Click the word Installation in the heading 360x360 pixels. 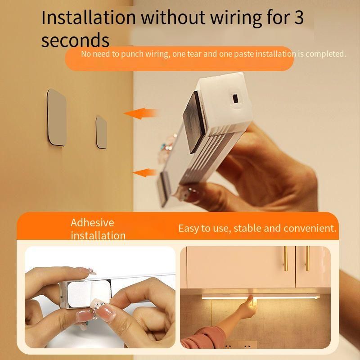tap(89, 18)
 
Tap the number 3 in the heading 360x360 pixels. tap(299, 18)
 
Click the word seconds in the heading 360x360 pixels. tap(75, 40)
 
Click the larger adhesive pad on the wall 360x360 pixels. tap(57, 117)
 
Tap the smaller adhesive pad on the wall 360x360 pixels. tap(101, 132)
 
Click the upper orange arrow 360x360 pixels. tap(141, 113)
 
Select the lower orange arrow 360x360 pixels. tap(145, 173)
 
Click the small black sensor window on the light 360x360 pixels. tap(235, 98)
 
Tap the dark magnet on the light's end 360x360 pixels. tap(194, 123)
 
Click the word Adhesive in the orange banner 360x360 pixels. tap(92, 222)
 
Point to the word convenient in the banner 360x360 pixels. tap(310, 228)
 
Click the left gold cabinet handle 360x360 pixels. tap(286, 258)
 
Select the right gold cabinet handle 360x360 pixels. tap(308, 258)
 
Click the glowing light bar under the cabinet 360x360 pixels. tap(261, 297)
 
